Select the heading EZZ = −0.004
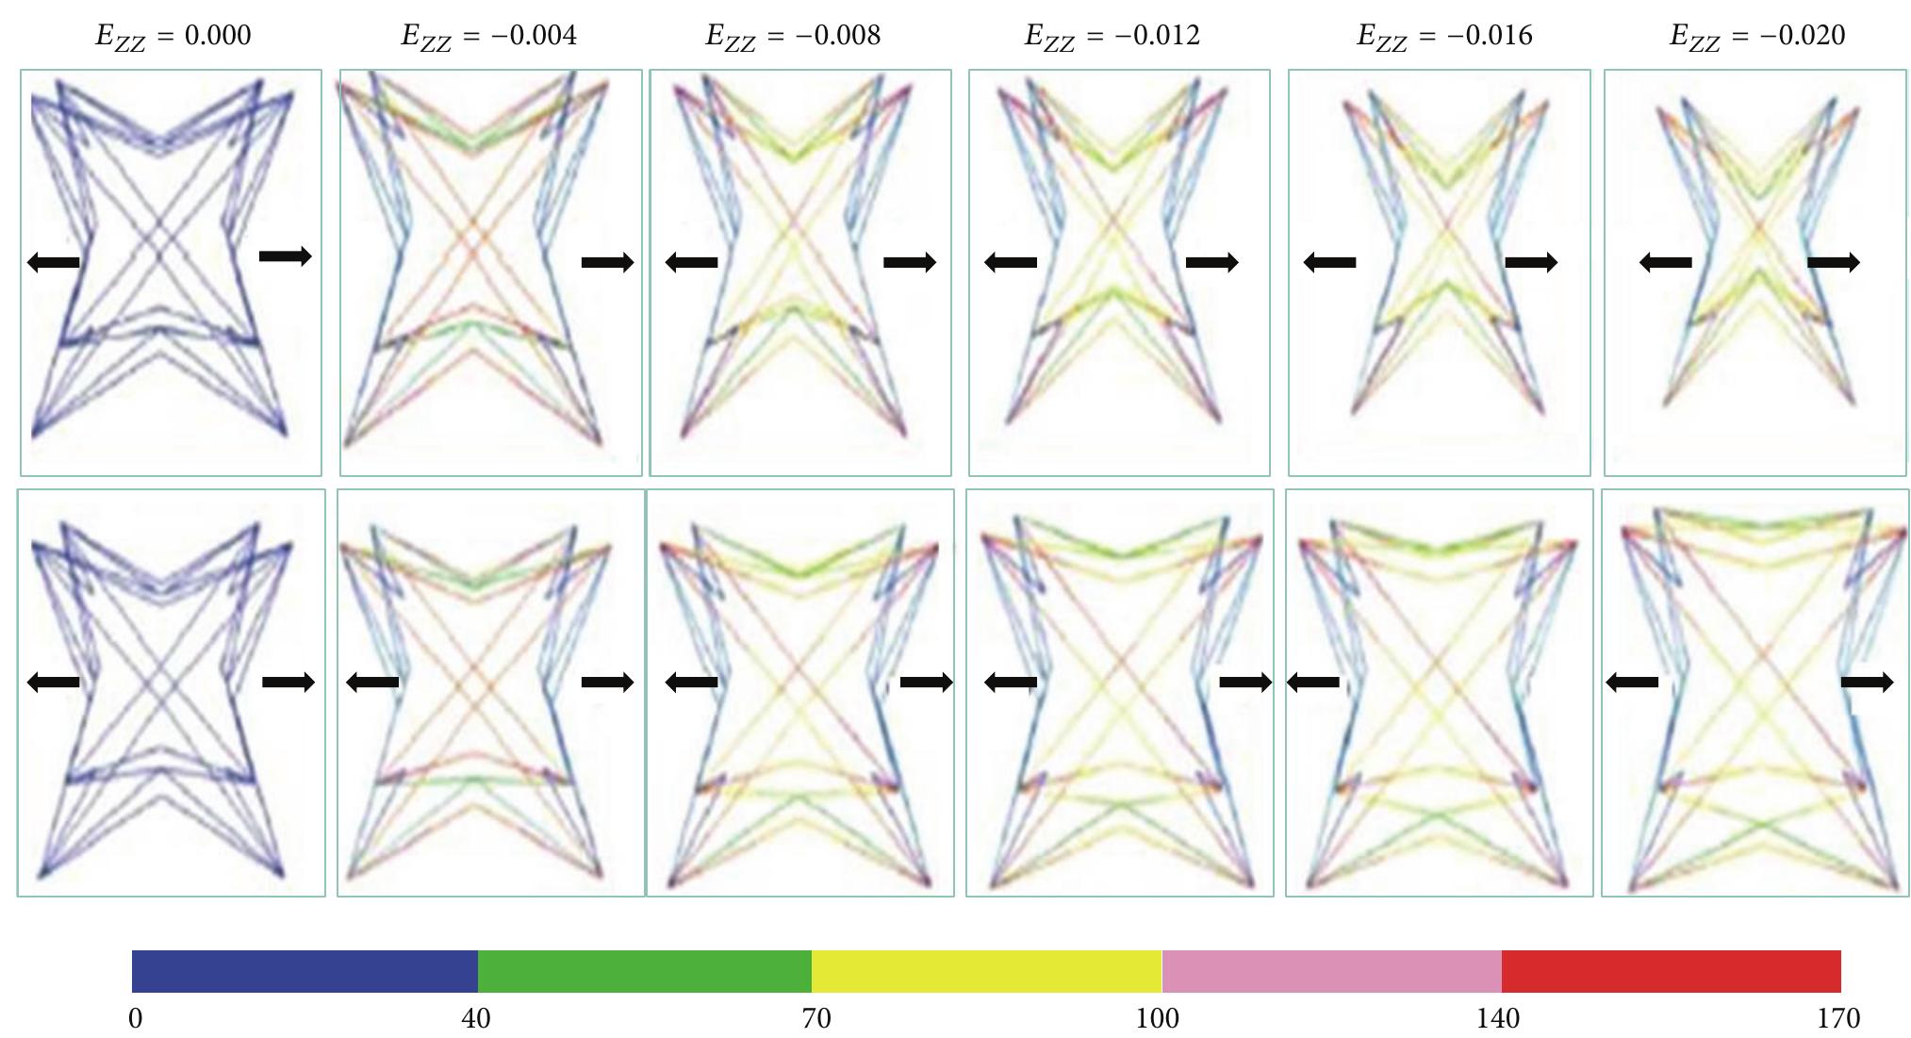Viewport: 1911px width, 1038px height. tap(488, 36)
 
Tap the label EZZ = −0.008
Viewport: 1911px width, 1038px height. tap(793, 36)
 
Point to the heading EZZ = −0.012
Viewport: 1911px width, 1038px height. tap(1112, 36)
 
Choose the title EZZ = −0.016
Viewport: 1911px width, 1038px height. tap(1444, 36)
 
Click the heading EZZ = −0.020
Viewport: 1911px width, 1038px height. tap(1757, 36)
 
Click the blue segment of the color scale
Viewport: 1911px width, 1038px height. tap(305, 971)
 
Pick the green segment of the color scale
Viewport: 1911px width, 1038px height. tap(645, 971)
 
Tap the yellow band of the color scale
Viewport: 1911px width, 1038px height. tap(986, 971)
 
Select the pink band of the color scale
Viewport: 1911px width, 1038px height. tap(1331, 971)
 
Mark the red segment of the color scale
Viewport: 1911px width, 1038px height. tap(1671, 971)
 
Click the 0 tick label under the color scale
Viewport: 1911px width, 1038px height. tap(136, 1019)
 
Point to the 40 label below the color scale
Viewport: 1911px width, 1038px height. tap(475, 1019)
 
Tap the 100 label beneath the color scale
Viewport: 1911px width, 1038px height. tap(1157, 1019)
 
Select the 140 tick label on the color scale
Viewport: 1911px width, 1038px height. tap(1498, 1019)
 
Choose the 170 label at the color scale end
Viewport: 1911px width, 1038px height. tap(1838, 1019)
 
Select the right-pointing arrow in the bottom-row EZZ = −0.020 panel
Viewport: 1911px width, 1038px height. tap(1867, 682)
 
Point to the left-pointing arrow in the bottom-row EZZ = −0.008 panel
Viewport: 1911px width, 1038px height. tap(692, 682)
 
